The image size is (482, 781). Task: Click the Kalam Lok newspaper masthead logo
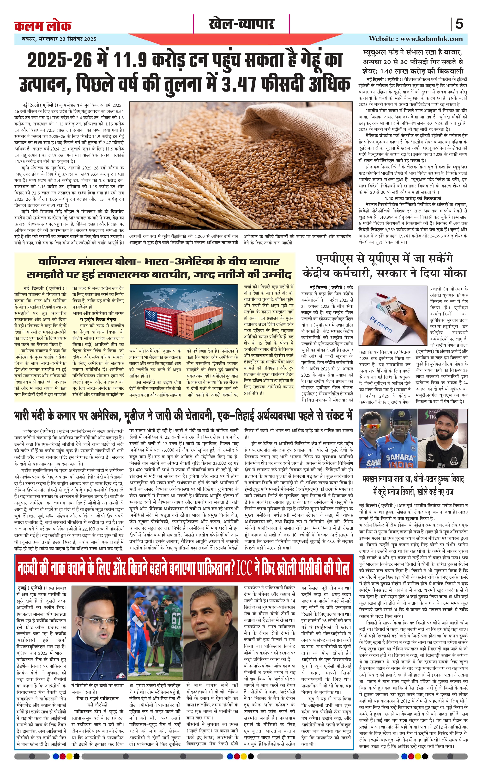point(43,25)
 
